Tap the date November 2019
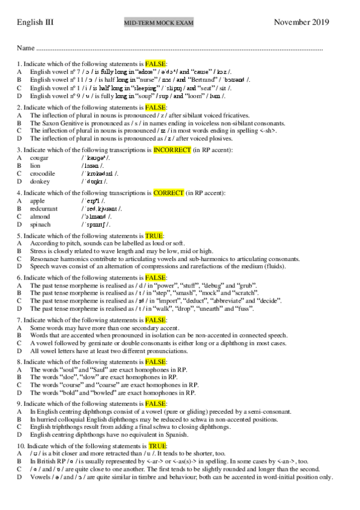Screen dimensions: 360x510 coord(301,22)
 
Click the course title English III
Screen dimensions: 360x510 coord(35,22)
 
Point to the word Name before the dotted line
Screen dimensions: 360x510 coord(26,48)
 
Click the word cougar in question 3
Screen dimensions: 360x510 coord(40,158)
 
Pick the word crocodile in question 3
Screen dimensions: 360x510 coord(43,173)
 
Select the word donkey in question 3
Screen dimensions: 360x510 coord(40,180)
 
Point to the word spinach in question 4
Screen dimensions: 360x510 coord(41,224)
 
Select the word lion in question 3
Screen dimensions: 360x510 coord(35,165)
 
